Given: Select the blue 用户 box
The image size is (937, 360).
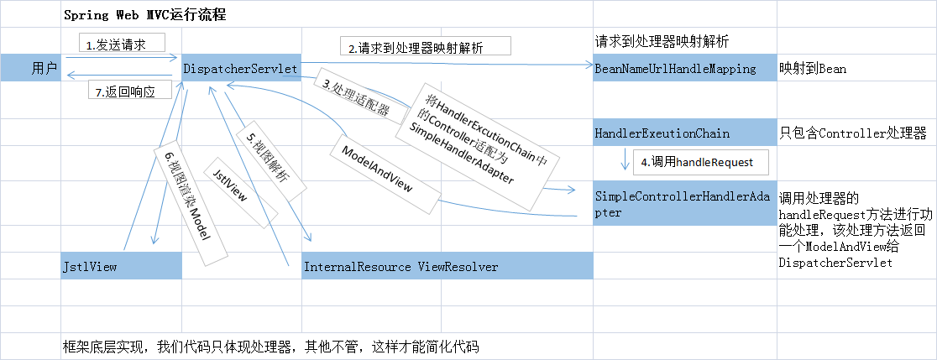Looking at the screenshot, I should (x=31, y=68).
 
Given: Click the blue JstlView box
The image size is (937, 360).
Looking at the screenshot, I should (x=121, y=266).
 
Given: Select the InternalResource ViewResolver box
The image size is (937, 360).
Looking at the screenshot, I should (x=448, y=266).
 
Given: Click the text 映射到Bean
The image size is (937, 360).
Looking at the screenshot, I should (x=812, y=69).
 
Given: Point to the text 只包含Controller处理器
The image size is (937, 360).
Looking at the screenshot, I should (x=852, y=133).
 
